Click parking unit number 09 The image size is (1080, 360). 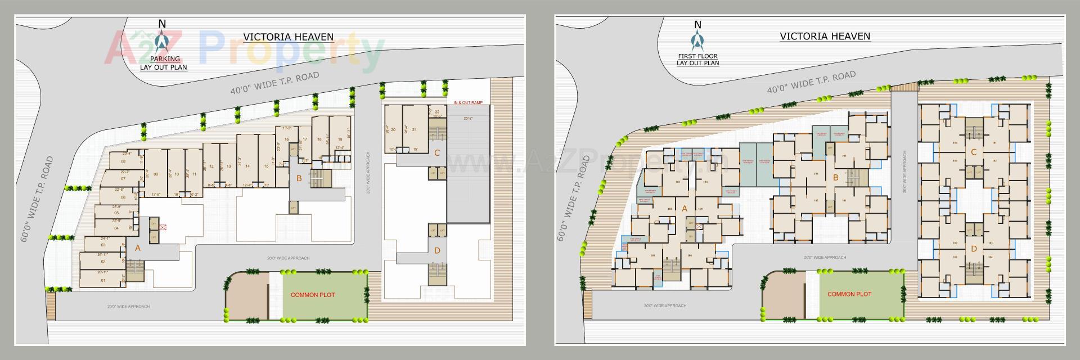tap(155, 174)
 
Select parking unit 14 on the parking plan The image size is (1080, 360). tap(247, 166)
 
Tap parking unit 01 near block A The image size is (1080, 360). tap(103, 280)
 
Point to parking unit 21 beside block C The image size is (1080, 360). tap(415, 130)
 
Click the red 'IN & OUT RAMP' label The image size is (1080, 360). tap(468, 103)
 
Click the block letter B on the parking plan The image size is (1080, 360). tap(299, 179)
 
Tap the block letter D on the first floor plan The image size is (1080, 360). tap(974, 249)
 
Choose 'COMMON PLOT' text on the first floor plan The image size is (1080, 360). tap(849, 294)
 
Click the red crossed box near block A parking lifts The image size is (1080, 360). tap(163, 227)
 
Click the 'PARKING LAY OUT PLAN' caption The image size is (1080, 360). tap(164, 63)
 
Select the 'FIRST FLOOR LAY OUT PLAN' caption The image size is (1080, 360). tap(697, 60)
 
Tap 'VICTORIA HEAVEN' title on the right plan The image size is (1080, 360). tap(825, 36)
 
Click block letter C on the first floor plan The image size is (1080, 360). tap(974, 152)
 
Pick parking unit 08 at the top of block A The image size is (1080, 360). tap(123, 161)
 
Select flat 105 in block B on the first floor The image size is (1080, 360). tap(816, 173)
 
